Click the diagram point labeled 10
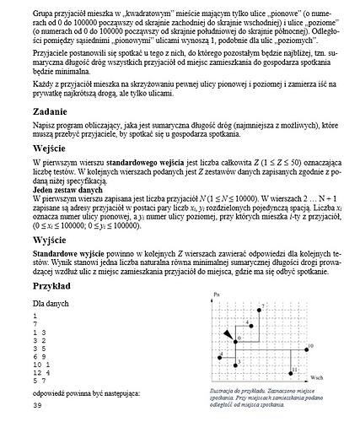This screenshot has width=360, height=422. tap(303, 347)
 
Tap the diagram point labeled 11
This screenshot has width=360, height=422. tap(290, 369)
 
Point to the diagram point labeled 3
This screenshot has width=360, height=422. tap(234, 360)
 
